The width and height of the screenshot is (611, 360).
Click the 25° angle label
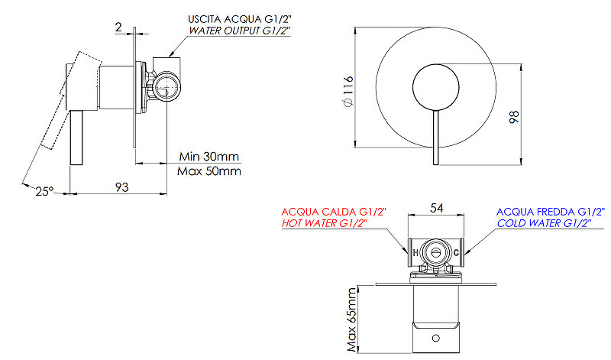tap(44, 192)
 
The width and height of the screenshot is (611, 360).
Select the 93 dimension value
tap(121, 187)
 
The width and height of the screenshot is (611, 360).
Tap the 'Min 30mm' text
tap(209, 157)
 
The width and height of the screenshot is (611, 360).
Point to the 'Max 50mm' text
tap(209, 171)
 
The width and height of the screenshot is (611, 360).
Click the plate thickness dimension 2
tap(118, 27)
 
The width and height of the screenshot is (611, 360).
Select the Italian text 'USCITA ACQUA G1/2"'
tap(240, 19)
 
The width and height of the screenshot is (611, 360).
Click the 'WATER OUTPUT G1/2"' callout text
tap(240, 31)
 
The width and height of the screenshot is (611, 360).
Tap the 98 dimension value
tap(514, 117)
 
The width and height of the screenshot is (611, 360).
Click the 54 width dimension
tap(436, 208)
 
